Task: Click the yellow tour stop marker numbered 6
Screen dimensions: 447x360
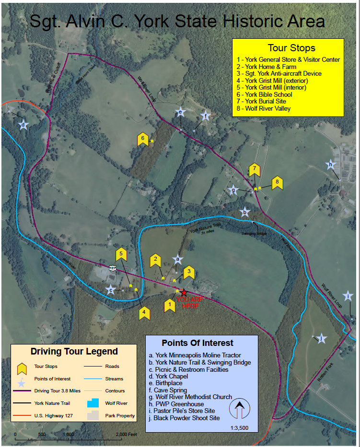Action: click(x=142, y=139)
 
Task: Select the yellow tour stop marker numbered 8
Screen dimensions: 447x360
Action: click(x=277, y=183)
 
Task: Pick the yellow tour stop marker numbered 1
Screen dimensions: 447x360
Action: click(x=169, y=305)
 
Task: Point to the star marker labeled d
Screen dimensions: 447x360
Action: click(x=23, y=125)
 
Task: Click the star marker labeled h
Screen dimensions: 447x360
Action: click(x=330, y=165)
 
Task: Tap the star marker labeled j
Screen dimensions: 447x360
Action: click(x=321, y=339)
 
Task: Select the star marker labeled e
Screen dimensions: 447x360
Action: click(x=180, y=113)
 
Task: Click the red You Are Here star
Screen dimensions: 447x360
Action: click(x=184, y=292)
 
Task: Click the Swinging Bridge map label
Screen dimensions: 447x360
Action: click(x=254, y=233)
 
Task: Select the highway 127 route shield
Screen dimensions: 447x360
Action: click(x=112, y=268)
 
